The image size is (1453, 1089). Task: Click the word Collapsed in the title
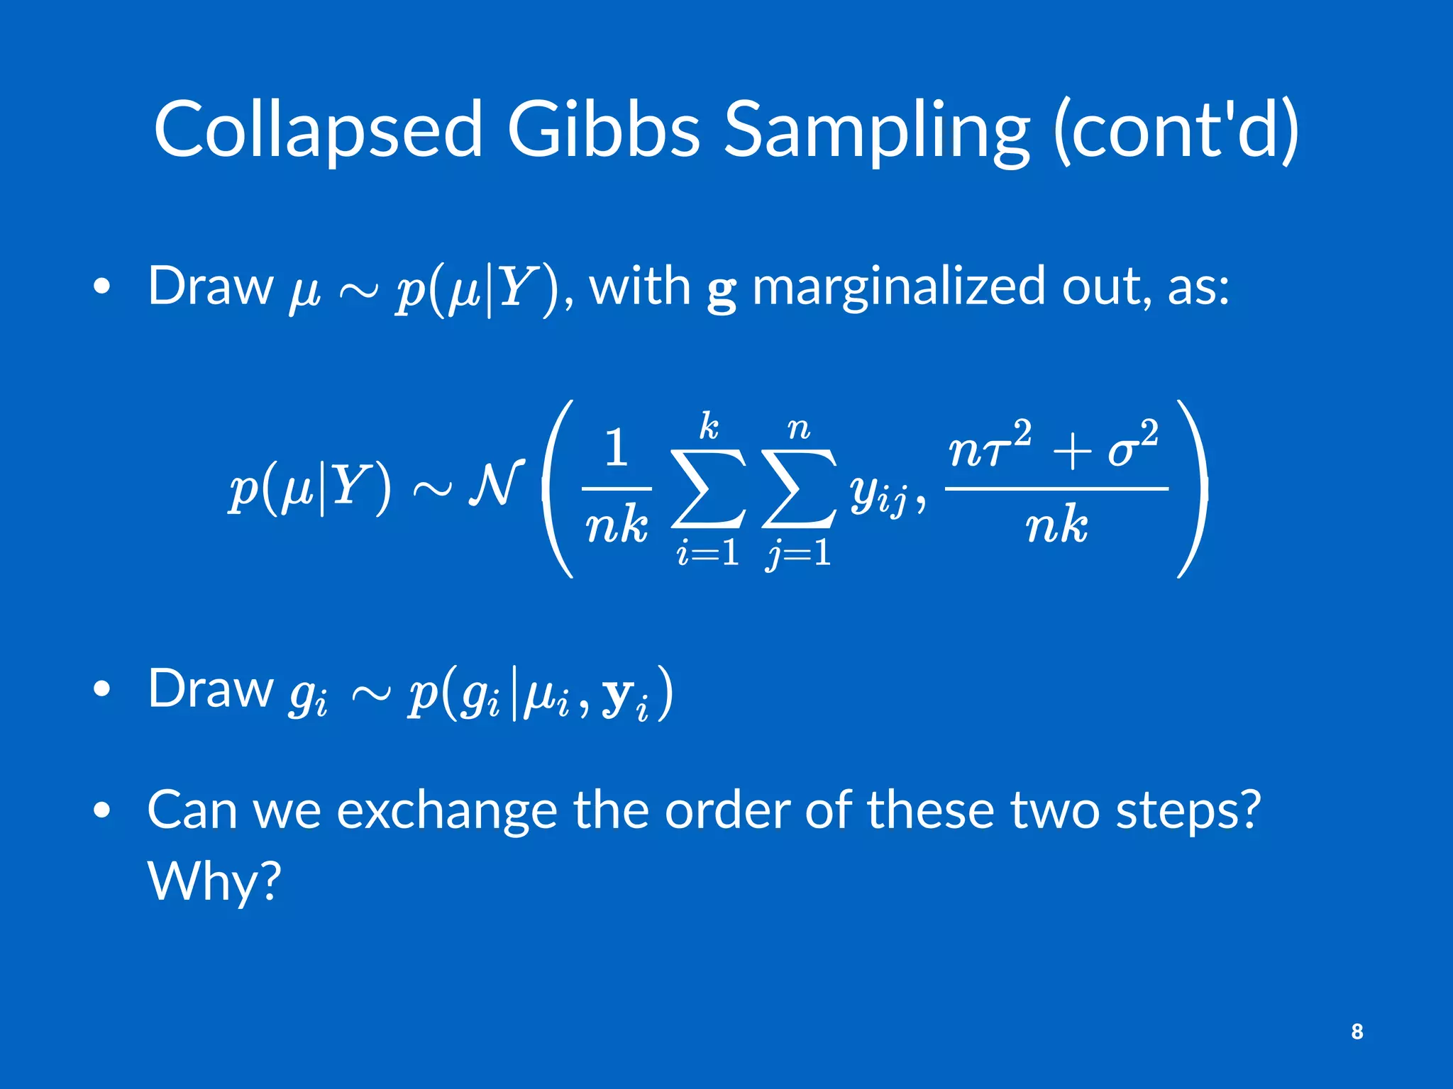tap(318, 129)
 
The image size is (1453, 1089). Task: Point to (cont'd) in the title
tap(1176, 129)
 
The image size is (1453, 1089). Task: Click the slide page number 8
tap(1357, 1031)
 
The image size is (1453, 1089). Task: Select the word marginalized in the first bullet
tap(897, 287)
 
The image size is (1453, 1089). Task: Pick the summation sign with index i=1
tap(708, 489)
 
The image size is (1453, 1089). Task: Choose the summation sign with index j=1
tap(799, 489)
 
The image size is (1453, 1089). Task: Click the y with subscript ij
tap(878, 493)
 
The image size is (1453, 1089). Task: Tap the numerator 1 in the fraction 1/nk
tap(616, 448)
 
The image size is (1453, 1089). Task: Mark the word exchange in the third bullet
tap(446, 810)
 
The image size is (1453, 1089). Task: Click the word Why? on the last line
tap(214, 881)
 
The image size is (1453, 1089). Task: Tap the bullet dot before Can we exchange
tap(102, 810)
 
